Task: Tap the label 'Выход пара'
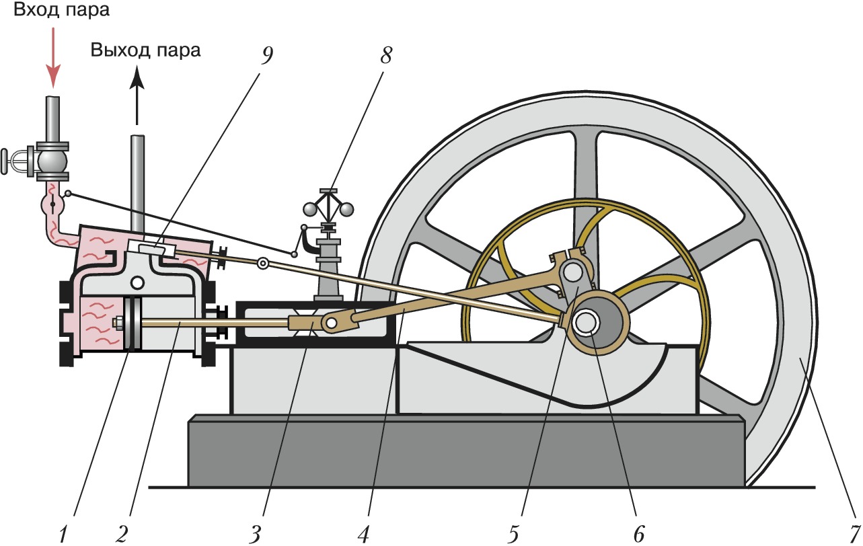pyautogui.click(x=146, y=50)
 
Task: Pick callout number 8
pyautogui.click(x=385, y=55)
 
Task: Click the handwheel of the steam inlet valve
pyautogui.click(x=7, y=160)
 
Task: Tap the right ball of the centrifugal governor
pyautogui.click(x=346, y=210)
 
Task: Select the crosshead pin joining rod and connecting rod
pyautogui.click(x=330, y=323)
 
